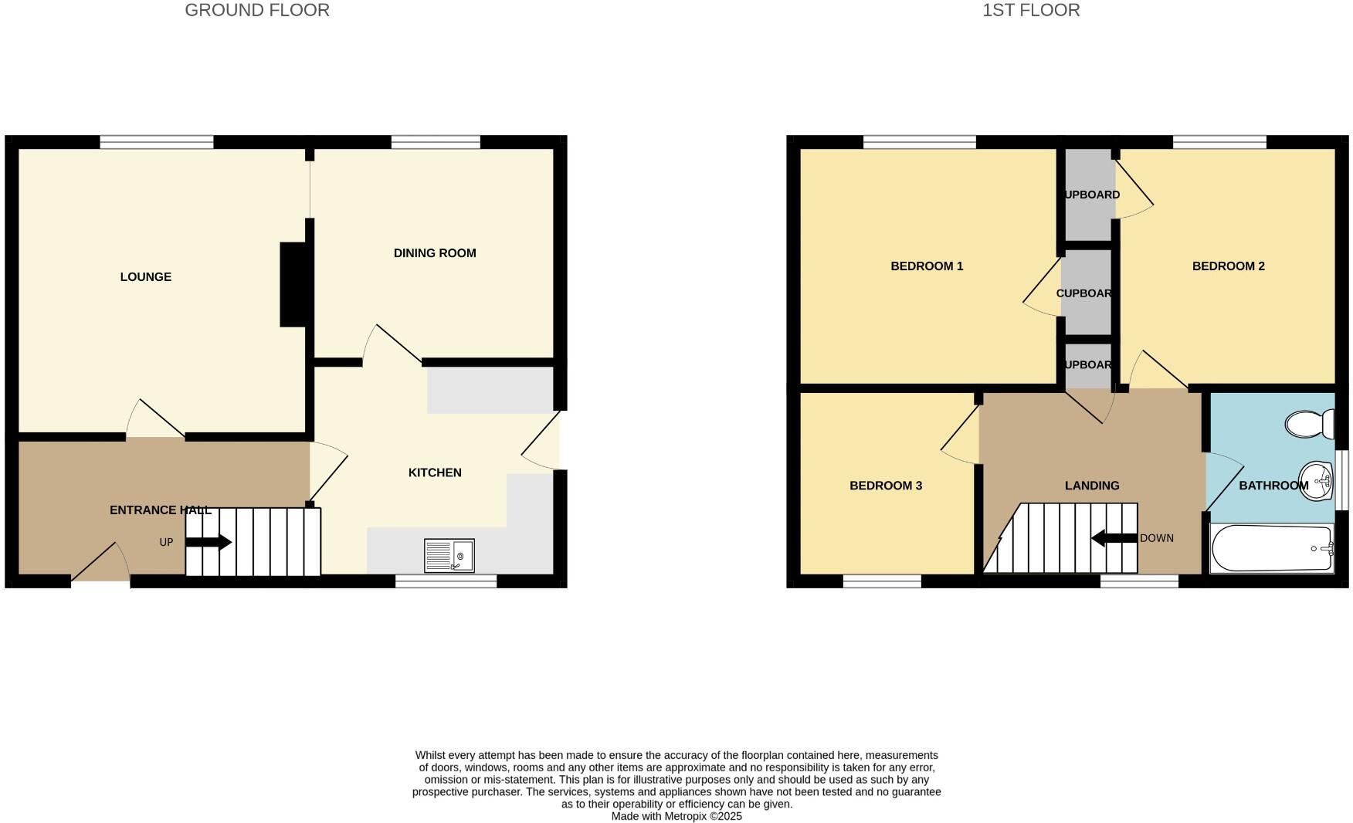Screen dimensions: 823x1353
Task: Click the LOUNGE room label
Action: pos(145,277)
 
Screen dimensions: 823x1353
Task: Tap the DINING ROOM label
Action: pos(434,253)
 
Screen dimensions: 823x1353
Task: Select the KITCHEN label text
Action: pos(435,472)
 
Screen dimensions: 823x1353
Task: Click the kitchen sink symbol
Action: pos(449,556)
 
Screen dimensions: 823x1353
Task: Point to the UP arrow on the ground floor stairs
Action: pos(209,542)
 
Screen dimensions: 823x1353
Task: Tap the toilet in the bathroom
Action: pos(1309,424)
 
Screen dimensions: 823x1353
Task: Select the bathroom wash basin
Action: pos(1316,481)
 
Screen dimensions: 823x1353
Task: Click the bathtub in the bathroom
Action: pos(1271,549)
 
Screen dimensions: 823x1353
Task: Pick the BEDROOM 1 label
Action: pos(927,266)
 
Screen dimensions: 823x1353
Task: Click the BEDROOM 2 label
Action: pos(1228,266)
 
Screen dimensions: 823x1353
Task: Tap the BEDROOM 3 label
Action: pos(885,486)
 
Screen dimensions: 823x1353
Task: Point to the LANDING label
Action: pos(1091,486)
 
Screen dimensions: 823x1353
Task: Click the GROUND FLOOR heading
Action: pos(257,11)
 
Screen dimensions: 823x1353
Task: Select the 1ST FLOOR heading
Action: pos(1030,11)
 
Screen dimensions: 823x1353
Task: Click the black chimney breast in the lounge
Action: pos(293,284)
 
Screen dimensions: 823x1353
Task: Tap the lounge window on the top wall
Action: pos(157,142)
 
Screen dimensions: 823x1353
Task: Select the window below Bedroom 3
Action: pos(882,581)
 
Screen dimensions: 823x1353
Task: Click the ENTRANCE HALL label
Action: pos(160,510)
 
